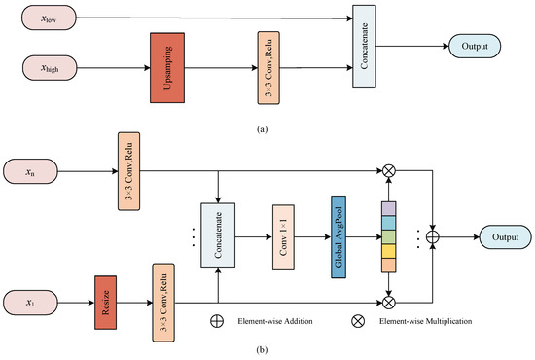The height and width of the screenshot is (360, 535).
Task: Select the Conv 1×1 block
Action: tap(283, 235)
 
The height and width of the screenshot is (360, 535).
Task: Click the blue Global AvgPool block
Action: tap(340, 235)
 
